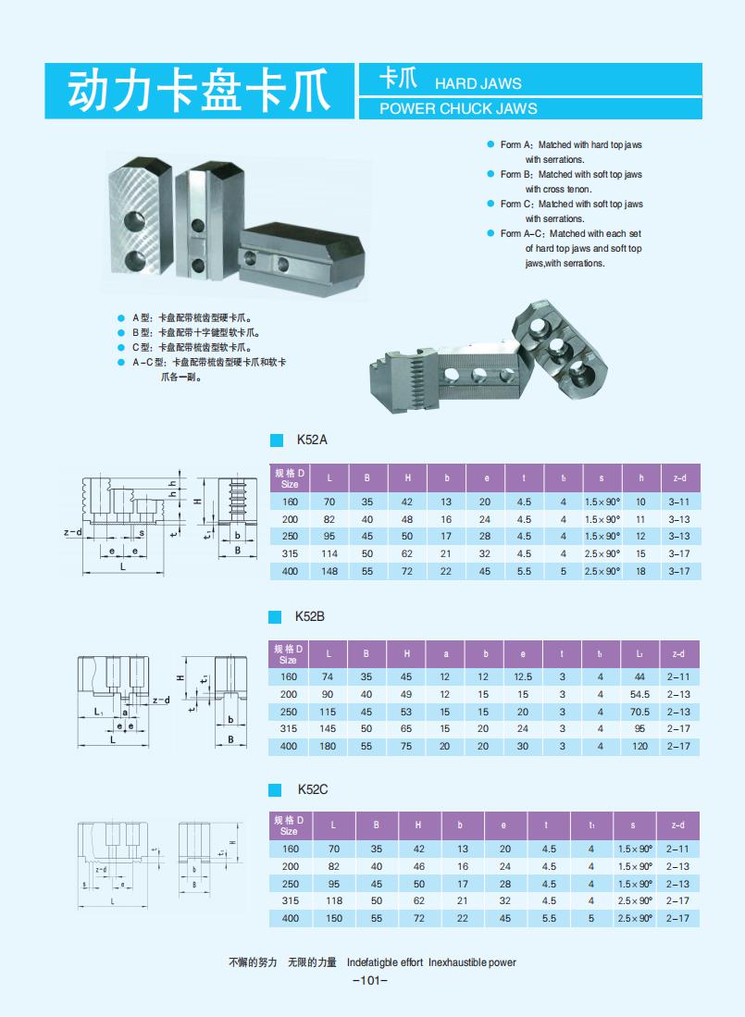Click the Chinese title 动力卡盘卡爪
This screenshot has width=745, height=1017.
click(199, 92)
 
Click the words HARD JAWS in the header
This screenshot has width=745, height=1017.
click(478, 83)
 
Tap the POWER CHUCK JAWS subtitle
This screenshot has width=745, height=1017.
click(458, 108)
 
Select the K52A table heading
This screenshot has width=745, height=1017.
click(312, 440)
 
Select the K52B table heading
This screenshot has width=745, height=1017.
click(309, 616)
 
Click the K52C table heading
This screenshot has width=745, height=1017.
click(312, 789)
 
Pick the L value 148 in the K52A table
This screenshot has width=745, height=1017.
click(329, 572)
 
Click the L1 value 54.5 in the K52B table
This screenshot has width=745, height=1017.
click(639, 694)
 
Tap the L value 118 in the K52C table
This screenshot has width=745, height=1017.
click(334, 900)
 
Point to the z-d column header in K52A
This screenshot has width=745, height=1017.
click(679, 477)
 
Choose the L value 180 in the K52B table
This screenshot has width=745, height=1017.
click(329, 746)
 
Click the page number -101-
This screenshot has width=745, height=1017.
click(370, 981)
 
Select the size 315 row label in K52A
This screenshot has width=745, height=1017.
click(290, 554)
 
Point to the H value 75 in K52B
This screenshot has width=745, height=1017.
click(406, 746)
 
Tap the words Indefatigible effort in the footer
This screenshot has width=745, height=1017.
click(385, 962)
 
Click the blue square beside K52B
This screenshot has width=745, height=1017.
click(275, 617)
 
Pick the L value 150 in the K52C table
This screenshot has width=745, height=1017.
click(334, 918)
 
